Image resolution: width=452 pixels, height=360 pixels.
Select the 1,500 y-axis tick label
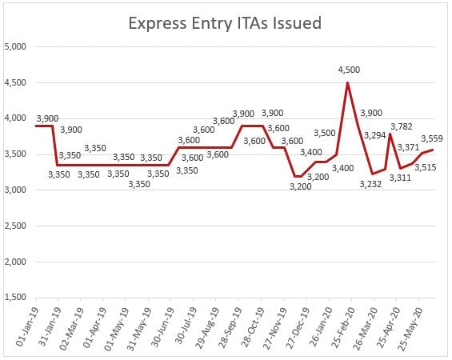pos(16,298)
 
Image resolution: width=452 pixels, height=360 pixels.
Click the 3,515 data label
pos(423,166)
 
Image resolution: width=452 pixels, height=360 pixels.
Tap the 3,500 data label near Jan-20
pos(325,133)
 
